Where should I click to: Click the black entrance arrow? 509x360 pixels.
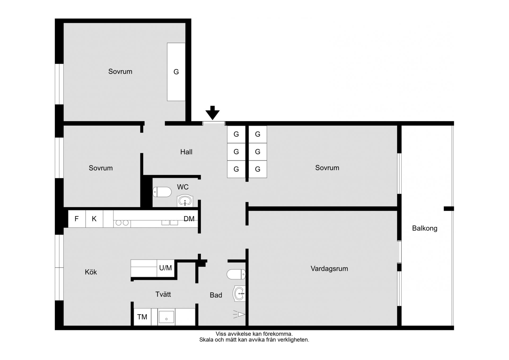point(212,112)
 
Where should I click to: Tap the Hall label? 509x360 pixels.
point(186,152)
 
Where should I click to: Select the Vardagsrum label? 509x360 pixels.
point(329,269)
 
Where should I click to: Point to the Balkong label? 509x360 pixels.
point(424,228)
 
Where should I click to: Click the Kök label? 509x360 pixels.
point(91,272)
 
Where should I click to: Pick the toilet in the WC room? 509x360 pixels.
point(162,192)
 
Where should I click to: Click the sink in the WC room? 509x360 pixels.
point(185,201)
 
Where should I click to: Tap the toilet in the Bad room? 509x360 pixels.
point(236,274)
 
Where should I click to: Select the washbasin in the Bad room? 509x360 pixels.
point(239,294)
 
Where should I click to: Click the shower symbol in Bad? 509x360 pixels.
point(239,314)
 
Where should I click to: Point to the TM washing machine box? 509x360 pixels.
point(142,317)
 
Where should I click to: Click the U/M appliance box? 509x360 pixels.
point(166,268)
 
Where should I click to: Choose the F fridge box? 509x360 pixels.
point(77,219)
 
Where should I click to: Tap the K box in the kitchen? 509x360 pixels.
point(94,219)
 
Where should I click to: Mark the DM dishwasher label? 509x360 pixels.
point(189,219)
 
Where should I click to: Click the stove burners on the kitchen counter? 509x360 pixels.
point(122,223)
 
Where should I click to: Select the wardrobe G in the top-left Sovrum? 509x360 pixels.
point(176,72)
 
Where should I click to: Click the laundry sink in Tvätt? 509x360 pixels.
point(166,317)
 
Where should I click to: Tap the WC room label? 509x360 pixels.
point(183,187)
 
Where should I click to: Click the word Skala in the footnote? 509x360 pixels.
point(206,340)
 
